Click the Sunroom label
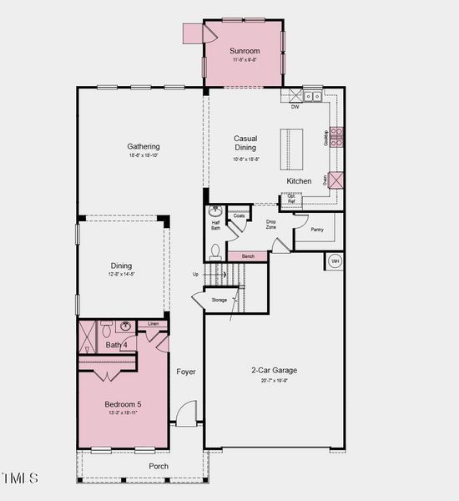pyautogui.click(x=245, y=50)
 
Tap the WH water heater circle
pyautogui.click(x=335, y=261)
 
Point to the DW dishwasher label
pyautogui.click(x=295, y=106)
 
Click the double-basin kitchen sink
pyautogui.click(x=313, y=96)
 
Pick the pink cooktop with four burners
pyautogui.click(x=337, y=137)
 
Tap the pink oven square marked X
pyautogui.click(x=336, y=180)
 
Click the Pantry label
pyautogui.click(x=316, y=229)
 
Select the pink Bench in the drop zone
pyautogui.click(x=248, y=256)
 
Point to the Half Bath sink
pyautogui.click(x=215, y=211)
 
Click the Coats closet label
pyautogui.click(x=239, y=215)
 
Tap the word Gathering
pyautogui.click(x=144, y=146)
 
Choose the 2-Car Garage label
pyautogui.click(x=274, y=370)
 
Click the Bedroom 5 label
pyautogui.click(x=123, y=404)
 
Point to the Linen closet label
pyautogui.click(x=153, y=323)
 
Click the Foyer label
pyautogui.click(x=186, y=372)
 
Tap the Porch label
pyautogui.click(x=159, y=466)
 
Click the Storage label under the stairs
pyautogui.click(x=219, y=299)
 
